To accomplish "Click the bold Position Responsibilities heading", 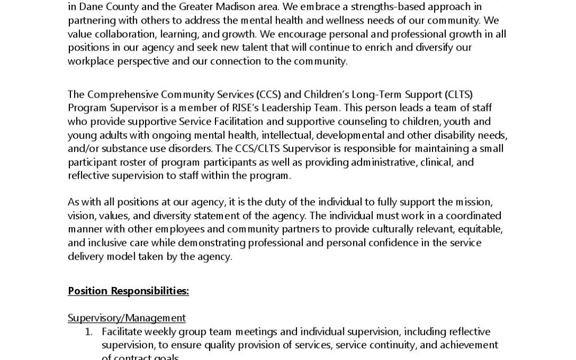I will [129, 291].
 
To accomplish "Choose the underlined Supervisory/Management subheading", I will [127, 318].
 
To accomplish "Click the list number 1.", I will [89, 332].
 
